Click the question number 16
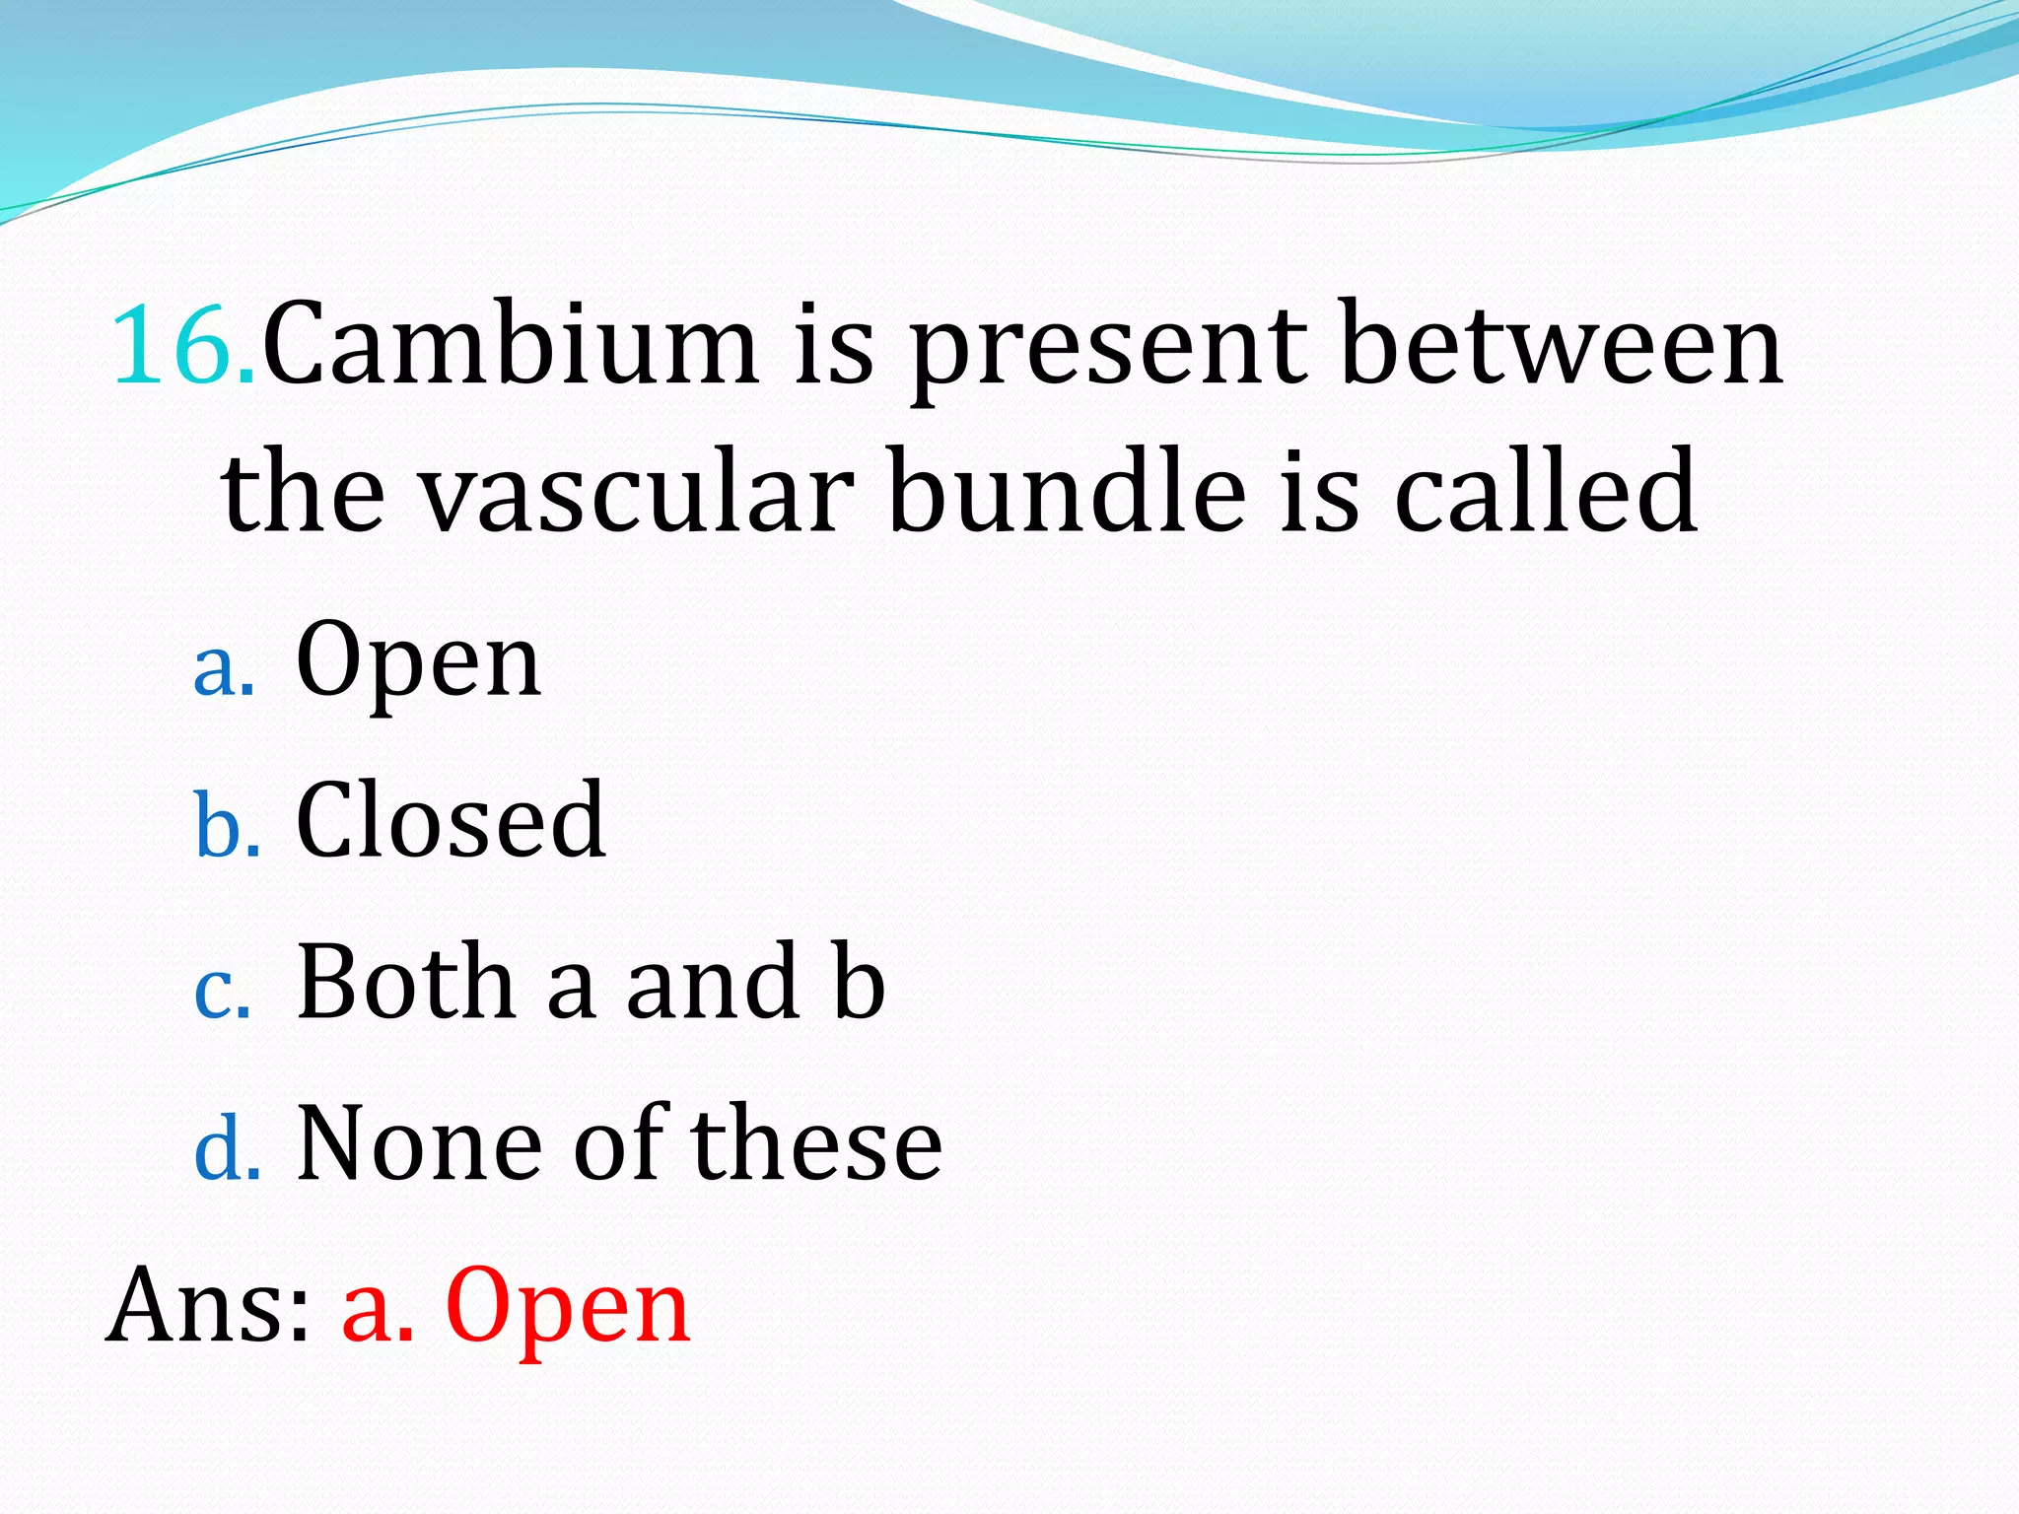183,346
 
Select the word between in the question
1563,346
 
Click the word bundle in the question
1067,490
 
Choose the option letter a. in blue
224,669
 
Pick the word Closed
451,820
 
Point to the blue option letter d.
228,1148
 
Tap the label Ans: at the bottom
208,1306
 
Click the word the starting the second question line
303,490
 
